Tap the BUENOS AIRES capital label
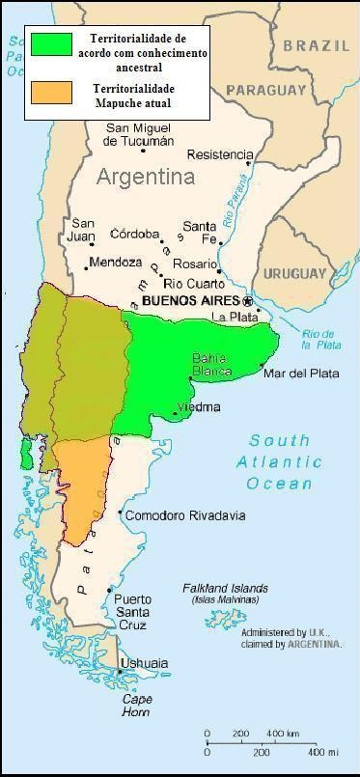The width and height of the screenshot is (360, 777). pos(183,301)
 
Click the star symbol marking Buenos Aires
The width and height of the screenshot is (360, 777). pos(247,301)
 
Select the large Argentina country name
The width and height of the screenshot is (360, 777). pos(145,178)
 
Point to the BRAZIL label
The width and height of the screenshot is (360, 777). pos(315,45)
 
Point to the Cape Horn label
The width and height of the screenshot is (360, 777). pos(135,705)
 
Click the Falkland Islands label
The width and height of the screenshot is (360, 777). pos(225,589)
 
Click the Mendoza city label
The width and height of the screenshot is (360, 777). pos(115,263)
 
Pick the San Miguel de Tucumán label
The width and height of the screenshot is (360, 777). pos(144,134)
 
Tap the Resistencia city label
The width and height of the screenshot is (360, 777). pos(220,154)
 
